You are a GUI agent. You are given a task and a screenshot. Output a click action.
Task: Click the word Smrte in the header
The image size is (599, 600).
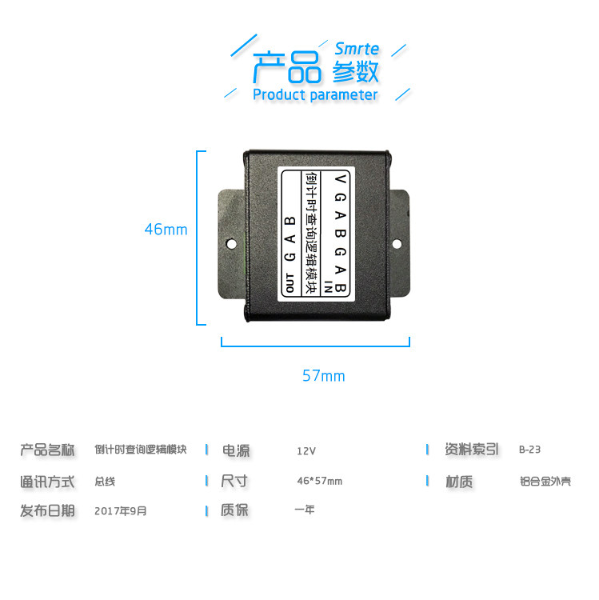[x=357, y=49]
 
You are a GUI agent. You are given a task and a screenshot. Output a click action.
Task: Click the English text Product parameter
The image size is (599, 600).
[x=314, y=95]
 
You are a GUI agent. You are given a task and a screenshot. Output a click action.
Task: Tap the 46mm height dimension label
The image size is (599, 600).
[x=166, y=230]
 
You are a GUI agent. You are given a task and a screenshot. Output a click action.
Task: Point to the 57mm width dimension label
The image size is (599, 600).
[x=323, y=375]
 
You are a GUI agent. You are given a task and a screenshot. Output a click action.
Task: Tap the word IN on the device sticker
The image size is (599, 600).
[x=326, y=288]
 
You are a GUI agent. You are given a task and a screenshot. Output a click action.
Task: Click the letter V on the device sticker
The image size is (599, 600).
[x=341, y=178]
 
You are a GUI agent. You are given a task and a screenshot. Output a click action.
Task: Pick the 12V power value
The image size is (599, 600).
[x=306, y=450]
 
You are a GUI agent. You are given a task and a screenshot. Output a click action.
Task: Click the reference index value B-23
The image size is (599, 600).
[x=529, y=450]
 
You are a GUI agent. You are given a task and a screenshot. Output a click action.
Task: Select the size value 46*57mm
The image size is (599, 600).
[x=319, y=481]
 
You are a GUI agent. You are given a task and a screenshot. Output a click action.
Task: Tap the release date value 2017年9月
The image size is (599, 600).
[x=121, y=510]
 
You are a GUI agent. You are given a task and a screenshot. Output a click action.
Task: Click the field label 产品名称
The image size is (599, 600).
[x=47, y=450]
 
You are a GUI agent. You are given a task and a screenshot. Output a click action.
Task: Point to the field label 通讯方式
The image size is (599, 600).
[x=47, y=482]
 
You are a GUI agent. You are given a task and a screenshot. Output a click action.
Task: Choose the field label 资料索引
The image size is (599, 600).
[x=472, y=450]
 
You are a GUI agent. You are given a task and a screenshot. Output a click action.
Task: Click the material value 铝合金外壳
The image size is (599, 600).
[x=545, y=482]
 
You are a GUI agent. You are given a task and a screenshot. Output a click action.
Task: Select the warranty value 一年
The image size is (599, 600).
[x=305, y=509]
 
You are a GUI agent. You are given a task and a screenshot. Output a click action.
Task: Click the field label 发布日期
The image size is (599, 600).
[x=47, y=510]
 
